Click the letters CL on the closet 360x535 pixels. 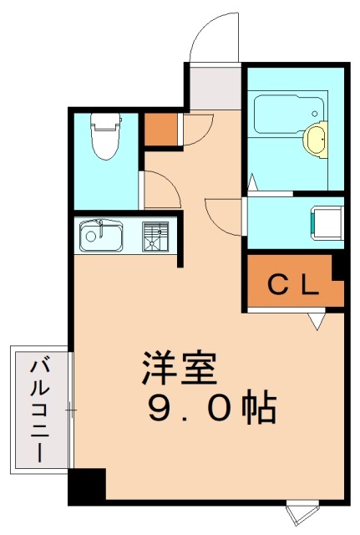pos(293,286)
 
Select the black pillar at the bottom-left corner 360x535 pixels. pos(87,486)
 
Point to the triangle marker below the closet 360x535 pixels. pos(316,320)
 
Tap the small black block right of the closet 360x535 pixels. pos(338,267)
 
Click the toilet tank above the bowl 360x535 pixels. pos(104,121)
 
